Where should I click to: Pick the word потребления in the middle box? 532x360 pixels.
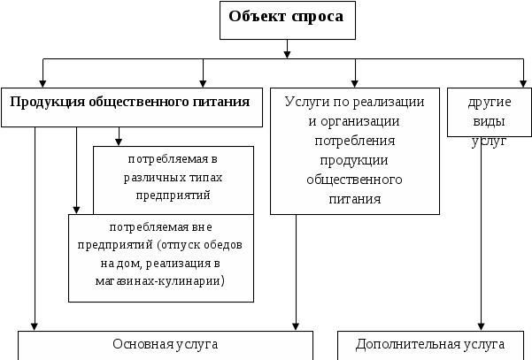[x=355, y=140]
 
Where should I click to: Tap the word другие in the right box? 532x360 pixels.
[x=490, y=101]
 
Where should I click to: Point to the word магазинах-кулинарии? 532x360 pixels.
[x=161, y=280]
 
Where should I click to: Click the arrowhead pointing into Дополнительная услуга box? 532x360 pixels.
[x=482, y=327]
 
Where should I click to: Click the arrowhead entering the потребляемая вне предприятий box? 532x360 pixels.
[x=78, y=209]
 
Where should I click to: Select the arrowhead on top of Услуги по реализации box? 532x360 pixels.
[x=355, y=82]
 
